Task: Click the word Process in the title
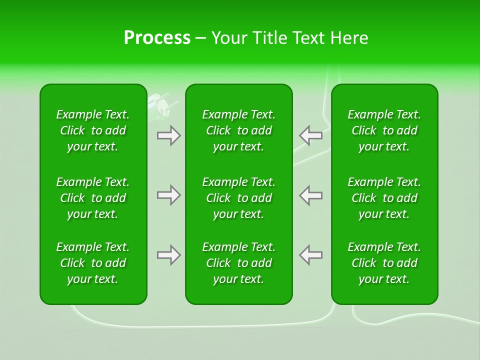pyautogui.click(x=157, y=38)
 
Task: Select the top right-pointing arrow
pyautogui.click(x=169, y=135)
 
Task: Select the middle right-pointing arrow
pyautogui.click(x=169, y=195)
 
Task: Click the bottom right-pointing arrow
pyautogui.click(x=169, y=255)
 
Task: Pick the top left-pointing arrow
pyautogui.click(x=310, y=135)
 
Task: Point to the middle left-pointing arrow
pyautogui.click(x=310, y=195)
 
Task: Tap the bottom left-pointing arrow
pyautogui.click(x=310, y=255)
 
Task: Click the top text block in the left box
pyautogui.click(x=93, y=130)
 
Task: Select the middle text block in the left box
pyautogui.click(x=93, y=198)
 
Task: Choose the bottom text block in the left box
pyautogui.click(x=93, y=263)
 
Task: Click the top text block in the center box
pyautogui.click(x=238, y=130)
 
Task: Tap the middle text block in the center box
pyautogui.click(x=238, y=198)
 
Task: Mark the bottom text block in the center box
pyautogui.click(x=238, y=263)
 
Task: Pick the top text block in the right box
pyautogui.click(x=384, y=130)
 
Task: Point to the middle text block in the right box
pyautogui.click(x=384, y=198)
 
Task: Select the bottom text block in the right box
pyautogui.click(x=384, y=263)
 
